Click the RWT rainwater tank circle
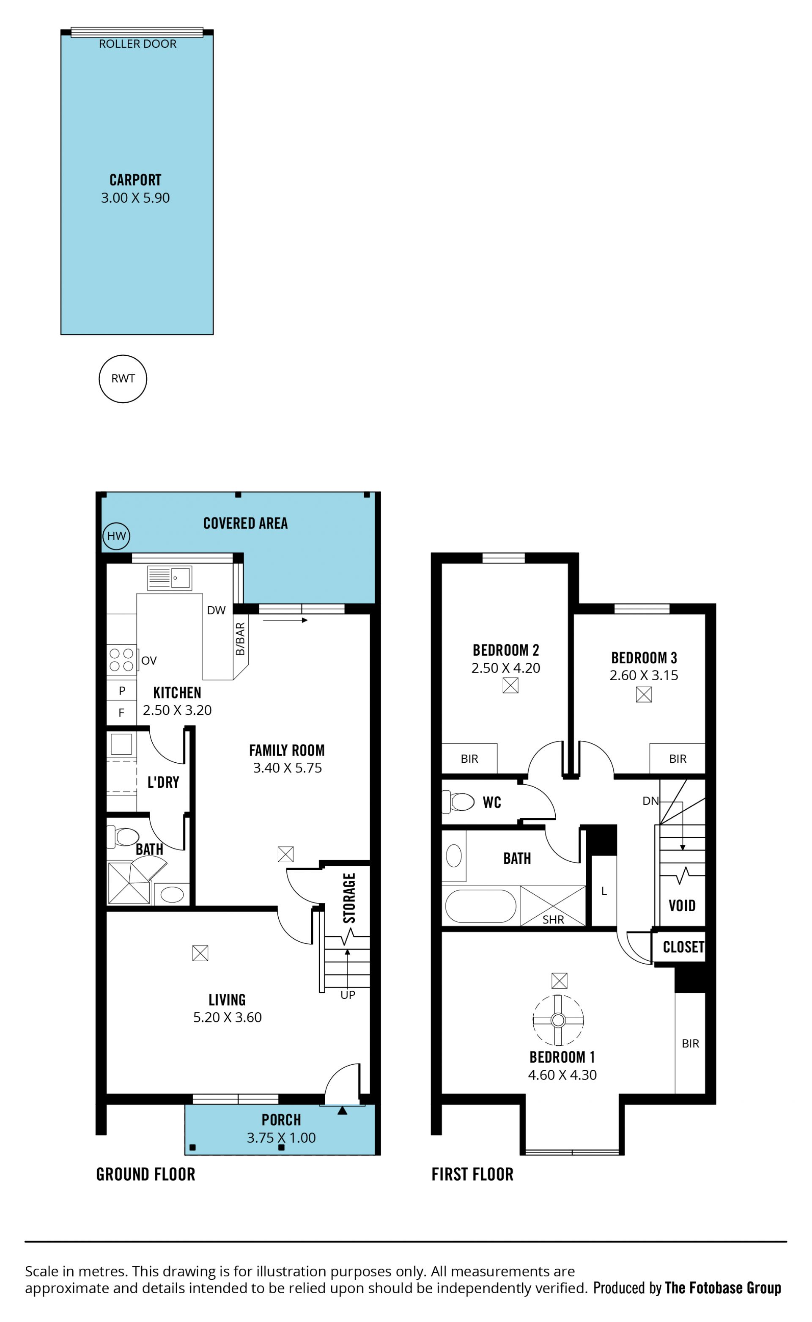(123, 379)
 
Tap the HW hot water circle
(116, 536)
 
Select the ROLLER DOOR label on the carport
(137, 44)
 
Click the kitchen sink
(170, 577)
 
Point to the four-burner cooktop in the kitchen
(121, 660)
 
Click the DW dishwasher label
(217, 610)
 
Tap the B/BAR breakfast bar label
(240, 639)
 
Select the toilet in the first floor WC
(458, 802)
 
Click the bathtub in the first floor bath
(481, 906)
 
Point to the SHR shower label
(553, 920)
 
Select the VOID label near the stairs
(682, 906)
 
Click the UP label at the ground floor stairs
(348, 995)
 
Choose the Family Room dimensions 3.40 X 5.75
(287, 768)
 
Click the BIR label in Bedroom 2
(469, 759)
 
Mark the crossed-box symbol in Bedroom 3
(644, 694)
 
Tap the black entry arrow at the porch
(342, 1110)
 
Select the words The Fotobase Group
(723, 1288)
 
